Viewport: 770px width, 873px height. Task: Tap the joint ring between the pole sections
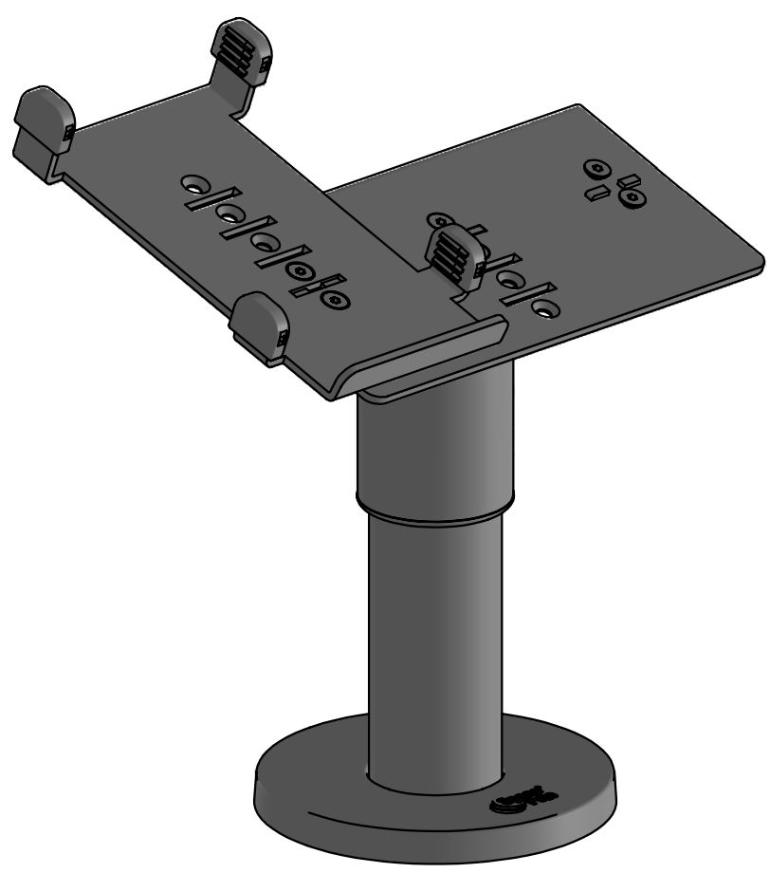435,508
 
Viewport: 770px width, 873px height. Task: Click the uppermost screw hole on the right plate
596,168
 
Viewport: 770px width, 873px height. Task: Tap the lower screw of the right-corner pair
630,197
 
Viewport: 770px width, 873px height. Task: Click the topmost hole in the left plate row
193,180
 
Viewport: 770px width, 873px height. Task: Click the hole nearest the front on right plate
544,308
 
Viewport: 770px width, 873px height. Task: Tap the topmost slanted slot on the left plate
201,198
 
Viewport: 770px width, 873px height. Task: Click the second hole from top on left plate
230,214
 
